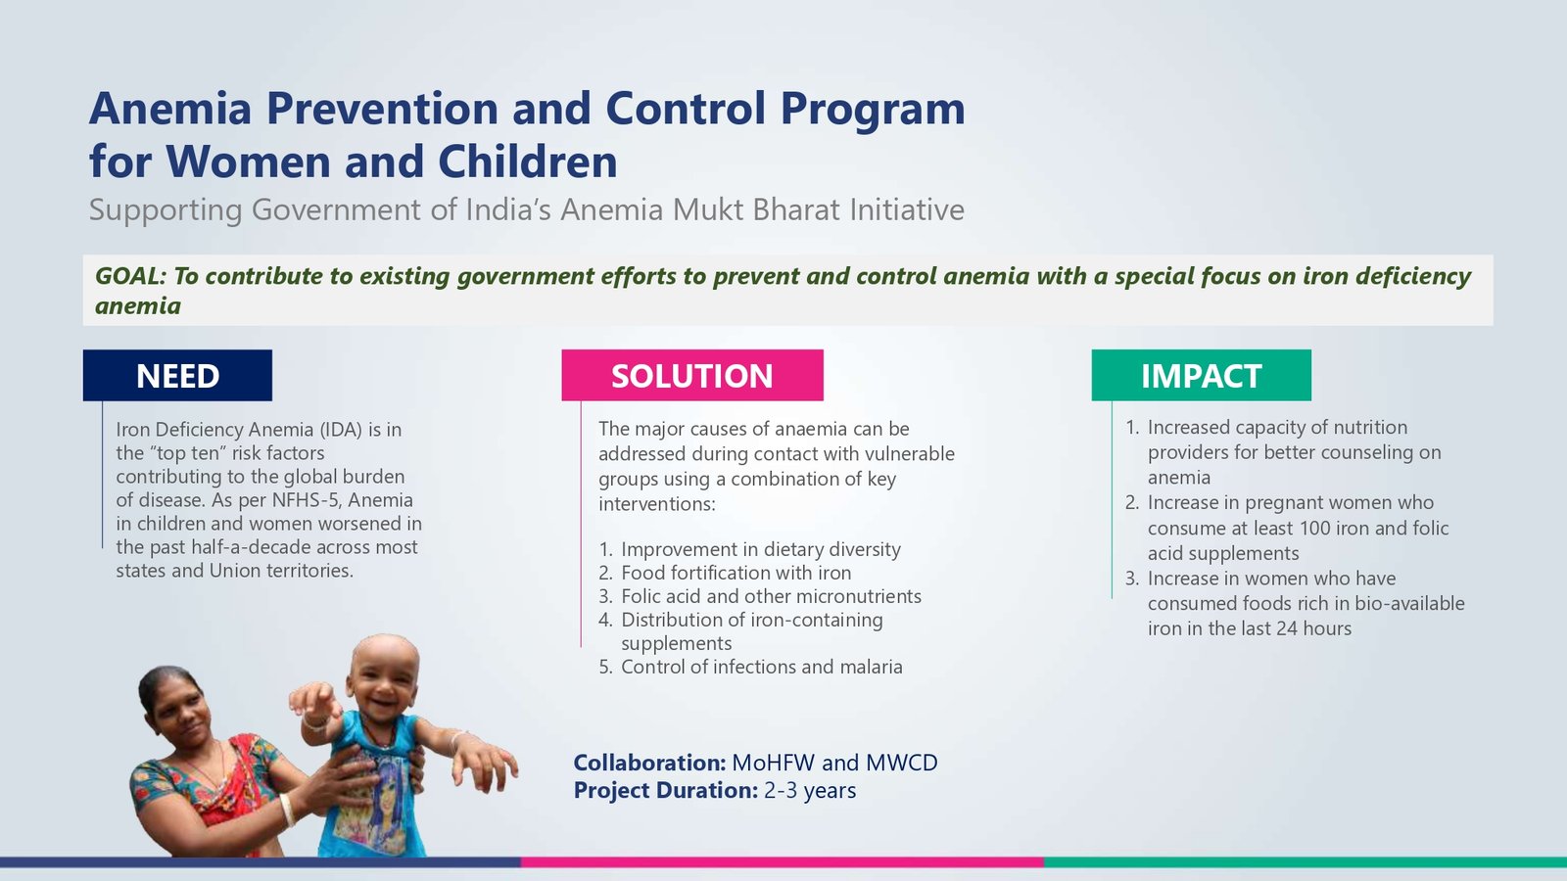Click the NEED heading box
pos(177,376)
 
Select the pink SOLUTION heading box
pos(692,376)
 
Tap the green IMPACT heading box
pos(1201,376)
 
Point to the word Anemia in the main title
pos(170,109)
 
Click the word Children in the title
pos(528,162)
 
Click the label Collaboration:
pos(650,763)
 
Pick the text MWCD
pos(902,763)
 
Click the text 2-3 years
pos(810,791)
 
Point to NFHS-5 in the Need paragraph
pos(305,500)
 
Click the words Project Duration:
pos(666,791)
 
